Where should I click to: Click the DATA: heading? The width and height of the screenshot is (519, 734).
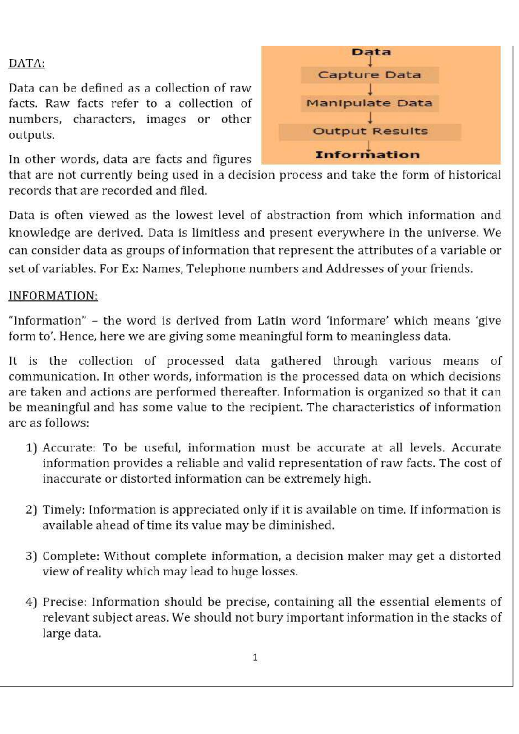pyautogui.click(x=27, y=63)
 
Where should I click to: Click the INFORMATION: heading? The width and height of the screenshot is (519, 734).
pyautogui.click(x=53, y=296)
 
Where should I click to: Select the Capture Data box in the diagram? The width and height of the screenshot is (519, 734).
pyautogui.click(x=369, y=75)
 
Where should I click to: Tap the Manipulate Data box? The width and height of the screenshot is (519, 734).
pyautogui.click(x=369, y=103)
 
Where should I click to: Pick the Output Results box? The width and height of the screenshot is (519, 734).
pyautogui.click(x=370, y=131)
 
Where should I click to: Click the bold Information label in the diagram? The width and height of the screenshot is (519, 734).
pyautogui.click(x=367, y=155)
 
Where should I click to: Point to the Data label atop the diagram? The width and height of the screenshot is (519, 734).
pyautogui.click(x=371, y=52)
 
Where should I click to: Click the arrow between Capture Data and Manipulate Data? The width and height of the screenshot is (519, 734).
pyautogui.click(x=370, y=89)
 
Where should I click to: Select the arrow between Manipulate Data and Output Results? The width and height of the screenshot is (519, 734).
pyautogui.click(x=370, y=118)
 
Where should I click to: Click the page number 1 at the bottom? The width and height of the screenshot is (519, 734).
pyautogui.click(x=255, y=657)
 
